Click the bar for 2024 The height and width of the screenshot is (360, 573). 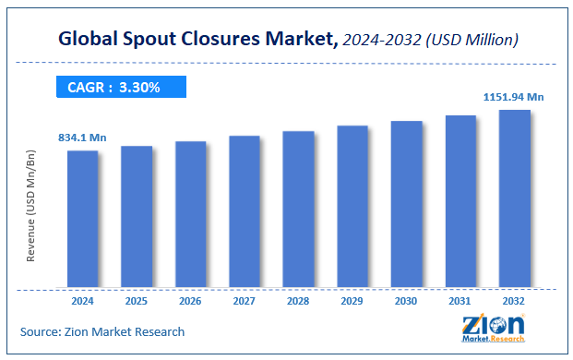(x=82, y=218)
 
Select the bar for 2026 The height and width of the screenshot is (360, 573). (x=190, y=213)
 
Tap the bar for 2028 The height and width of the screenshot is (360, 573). (x=298, y=209)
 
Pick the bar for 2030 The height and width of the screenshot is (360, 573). (x=406, y=203)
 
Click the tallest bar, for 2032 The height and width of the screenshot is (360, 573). (x=515, y=198)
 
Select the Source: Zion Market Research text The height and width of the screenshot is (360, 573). (x=102, y=331)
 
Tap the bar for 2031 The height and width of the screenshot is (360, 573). (x=460, y=200)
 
